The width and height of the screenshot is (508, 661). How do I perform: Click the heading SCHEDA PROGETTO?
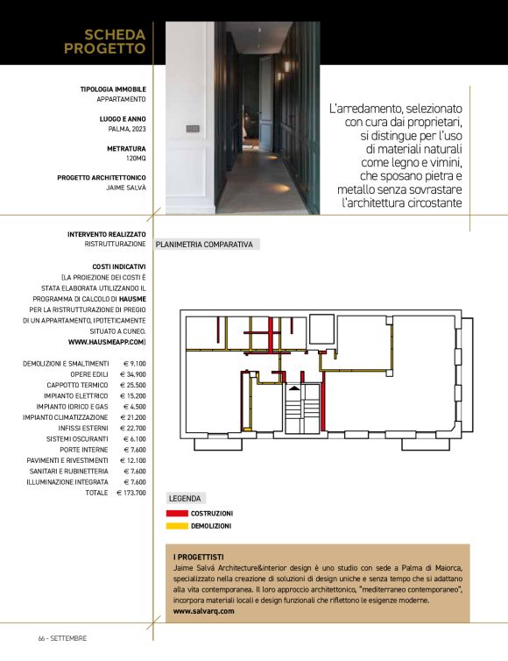coord(104,41)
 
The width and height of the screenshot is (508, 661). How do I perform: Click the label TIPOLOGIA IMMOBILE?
coord(113,89)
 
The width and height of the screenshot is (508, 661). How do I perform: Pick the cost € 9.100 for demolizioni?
coord(134,363)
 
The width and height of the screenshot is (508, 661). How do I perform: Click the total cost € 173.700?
coord(131,493)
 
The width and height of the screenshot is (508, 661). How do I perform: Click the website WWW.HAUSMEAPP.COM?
coord(106,341)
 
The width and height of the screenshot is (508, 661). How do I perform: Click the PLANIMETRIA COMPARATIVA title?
coord(204,245)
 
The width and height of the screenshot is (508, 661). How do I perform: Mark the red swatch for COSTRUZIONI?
coord(176,513)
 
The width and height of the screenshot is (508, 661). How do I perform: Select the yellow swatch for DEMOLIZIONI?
coord(176,526)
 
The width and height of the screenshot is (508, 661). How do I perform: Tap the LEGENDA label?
coord(184,498)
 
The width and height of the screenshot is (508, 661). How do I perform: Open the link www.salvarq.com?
coord(204,611)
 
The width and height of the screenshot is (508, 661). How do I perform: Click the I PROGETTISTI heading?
coord(199,557)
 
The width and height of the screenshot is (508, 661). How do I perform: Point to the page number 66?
coord(41,638)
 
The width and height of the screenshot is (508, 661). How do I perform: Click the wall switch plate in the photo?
coord(193,128)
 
